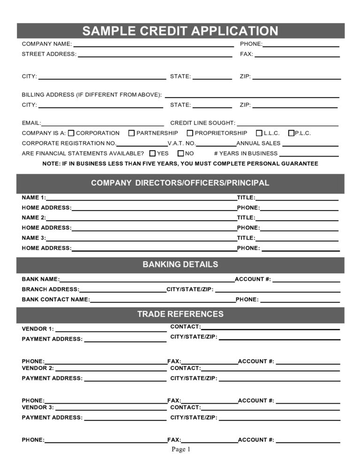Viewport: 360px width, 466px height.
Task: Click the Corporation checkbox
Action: (71, 133)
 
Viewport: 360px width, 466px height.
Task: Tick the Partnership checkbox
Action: (132, 133)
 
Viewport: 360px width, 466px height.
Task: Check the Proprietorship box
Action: (190, 133)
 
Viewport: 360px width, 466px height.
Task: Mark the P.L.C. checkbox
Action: (291, 133)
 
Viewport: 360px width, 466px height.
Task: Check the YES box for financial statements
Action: (152, 153)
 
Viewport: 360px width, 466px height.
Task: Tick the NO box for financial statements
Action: (180, 153)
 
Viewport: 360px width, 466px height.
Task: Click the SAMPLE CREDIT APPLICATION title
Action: (180, 31)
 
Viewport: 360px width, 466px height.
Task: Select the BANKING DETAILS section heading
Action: (180, 264)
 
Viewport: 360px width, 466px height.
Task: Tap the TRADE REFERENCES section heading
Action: (180, 314)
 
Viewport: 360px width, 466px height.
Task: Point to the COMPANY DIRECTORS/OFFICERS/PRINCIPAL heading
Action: (180, 183)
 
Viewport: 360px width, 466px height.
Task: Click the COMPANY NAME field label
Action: (46, 44)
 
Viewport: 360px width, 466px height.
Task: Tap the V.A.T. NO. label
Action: (181, 143)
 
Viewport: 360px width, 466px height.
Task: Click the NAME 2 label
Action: (34, 218)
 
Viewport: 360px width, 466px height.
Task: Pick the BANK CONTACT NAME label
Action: (55, 299)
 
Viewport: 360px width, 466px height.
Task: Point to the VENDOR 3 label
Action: (37, 407)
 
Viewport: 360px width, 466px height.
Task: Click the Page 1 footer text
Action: (180, 450)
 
